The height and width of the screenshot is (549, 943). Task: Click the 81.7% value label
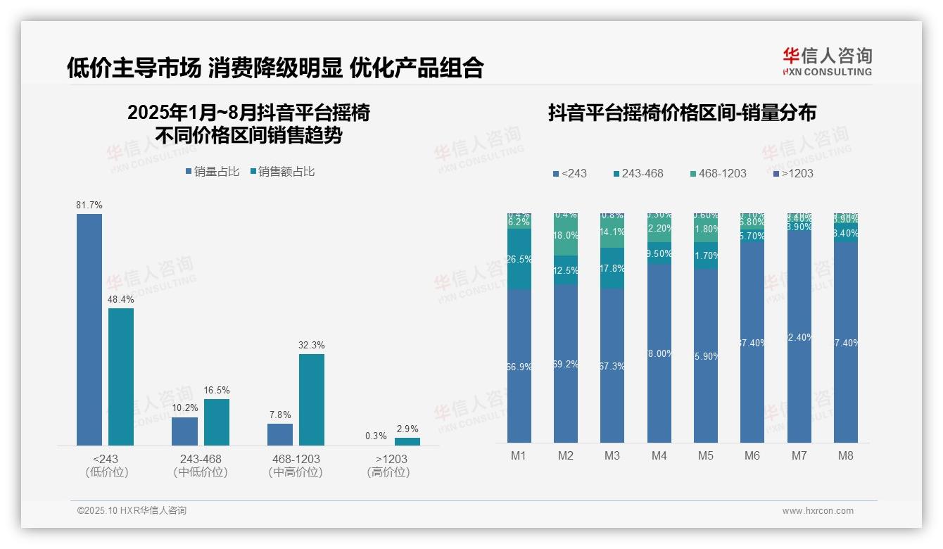tap(89, 205)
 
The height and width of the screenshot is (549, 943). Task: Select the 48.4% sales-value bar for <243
tap(121, 377)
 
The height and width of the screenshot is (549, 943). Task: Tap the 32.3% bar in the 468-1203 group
tap(312, 399)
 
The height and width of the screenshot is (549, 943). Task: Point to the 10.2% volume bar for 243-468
tap(185, 431)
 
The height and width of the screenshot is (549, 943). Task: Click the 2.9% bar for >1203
tap(407, 441)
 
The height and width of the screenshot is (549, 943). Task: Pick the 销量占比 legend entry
tap(213, 172)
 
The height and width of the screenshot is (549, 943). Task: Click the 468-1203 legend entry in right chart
tap(716, 173)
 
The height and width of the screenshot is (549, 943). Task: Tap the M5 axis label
tap(706, 455)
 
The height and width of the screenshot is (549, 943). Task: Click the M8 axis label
tap(846, 455)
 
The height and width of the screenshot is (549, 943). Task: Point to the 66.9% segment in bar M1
tap(519, 365)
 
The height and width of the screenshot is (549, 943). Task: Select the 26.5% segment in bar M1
tap(519, 259)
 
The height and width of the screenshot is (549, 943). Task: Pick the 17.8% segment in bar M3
tap(612, 268)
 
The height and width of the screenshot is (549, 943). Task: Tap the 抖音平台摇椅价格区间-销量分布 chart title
tap(682, 113)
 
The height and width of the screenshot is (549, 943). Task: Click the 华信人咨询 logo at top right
tap(827, 61)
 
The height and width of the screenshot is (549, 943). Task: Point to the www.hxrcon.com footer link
tap(818, 511)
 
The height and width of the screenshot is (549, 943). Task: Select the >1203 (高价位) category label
tap(388, 465)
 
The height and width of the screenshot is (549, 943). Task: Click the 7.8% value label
tap(280, 415)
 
